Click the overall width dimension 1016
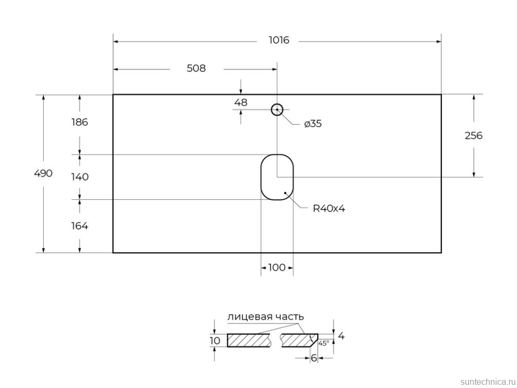point(278,41)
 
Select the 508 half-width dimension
point(196,69)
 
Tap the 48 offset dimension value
point(241,103)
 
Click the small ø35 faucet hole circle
point(277,110)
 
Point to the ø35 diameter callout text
point(313,124)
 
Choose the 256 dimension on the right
point(473,136)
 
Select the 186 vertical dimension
point(79,122)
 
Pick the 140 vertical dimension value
point(79,177)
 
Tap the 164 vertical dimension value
point(79,226)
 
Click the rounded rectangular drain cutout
point(277,177)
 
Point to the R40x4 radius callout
point(329,209)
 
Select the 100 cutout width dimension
point(277,268)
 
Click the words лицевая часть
point(265,317)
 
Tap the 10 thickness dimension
point(215,341)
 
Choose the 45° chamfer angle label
point(324,343)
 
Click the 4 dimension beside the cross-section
point(341,336)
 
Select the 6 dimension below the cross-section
point(314,359)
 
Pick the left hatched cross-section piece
point(248,340)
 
